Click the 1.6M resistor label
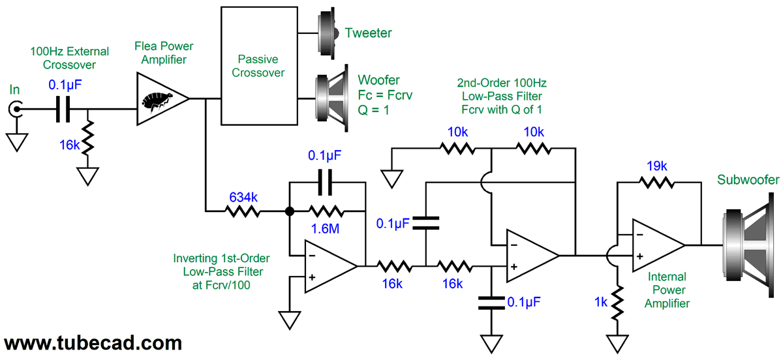tap(326, 230)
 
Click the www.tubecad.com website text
tap(92, 342)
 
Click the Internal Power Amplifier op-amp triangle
tap(656, 245)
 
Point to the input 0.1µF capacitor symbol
tap(62, 110)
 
